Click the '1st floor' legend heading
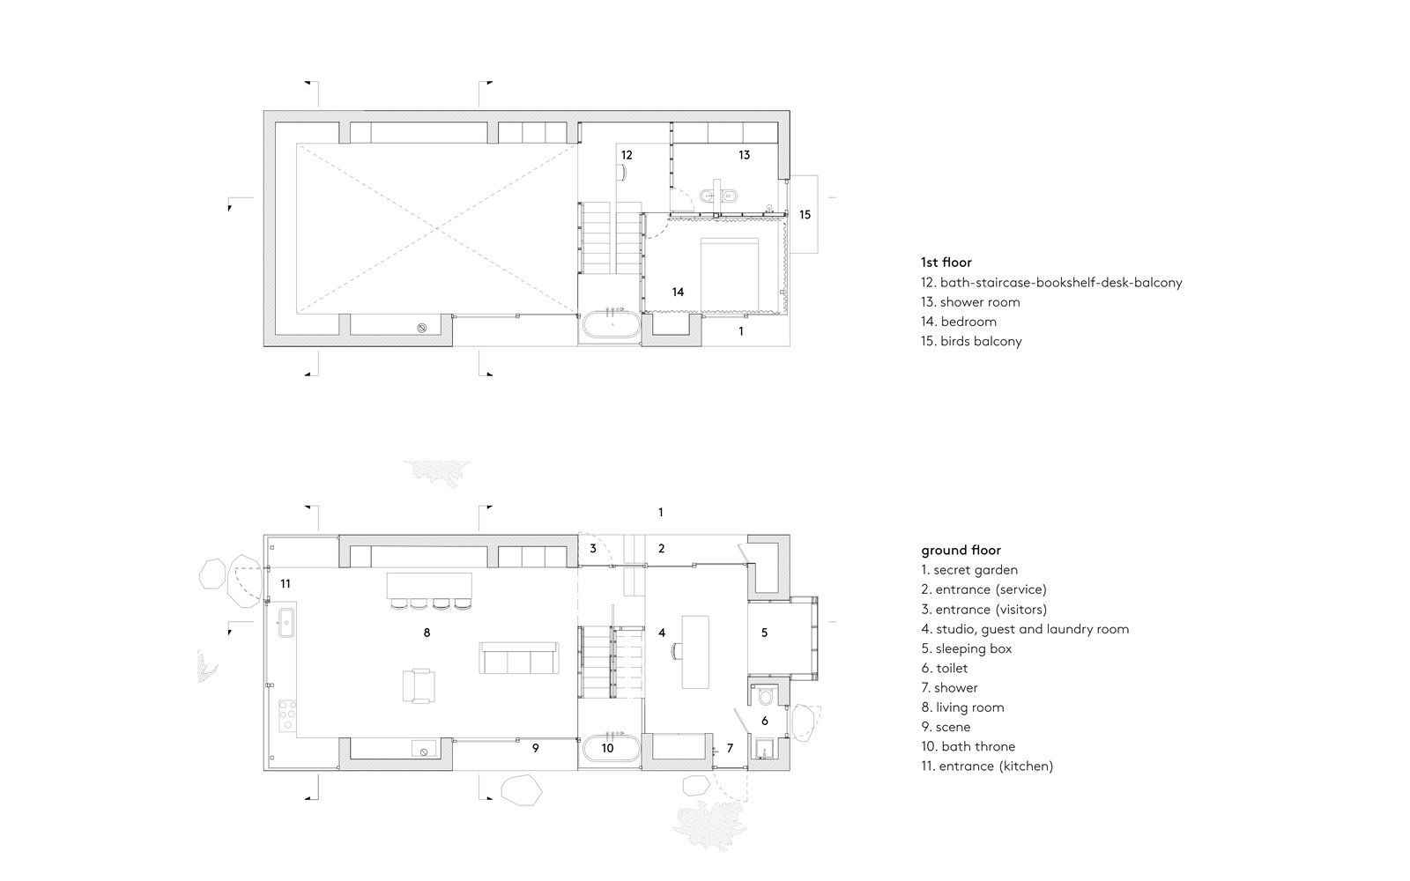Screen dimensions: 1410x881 (946, 263)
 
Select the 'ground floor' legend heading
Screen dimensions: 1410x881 (961, 551)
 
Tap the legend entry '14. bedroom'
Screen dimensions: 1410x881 (959, 322)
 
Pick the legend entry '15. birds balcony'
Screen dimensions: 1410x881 (971, 341)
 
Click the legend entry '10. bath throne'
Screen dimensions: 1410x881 (968, 746)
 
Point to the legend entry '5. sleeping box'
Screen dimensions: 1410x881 (966, 648)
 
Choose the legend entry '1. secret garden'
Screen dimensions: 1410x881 (969, 570)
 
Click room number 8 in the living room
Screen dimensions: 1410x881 (427, 633)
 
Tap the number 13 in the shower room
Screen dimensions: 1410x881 (744, 155)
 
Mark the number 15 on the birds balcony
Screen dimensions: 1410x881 (805, 215)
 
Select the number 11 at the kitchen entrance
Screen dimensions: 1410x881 (286, 584)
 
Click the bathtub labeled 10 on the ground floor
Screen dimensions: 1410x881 (612, 748)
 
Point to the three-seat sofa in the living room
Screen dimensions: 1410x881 (519, 658)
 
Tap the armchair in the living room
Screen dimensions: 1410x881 (419, 685)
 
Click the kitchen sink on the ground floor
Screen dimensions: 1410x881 (286, 622)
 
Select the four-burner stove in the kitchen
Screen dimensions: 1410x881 (287, 715)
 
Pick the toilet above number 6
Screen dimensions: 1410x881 (766, 696)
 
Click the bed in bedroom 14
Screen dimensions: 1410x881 (730, 274)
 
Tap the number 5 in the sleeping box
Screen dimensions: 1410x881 (764, 633)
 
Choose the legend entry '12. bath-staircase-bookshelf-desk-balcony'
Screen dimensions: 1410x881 (1051, 283)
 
